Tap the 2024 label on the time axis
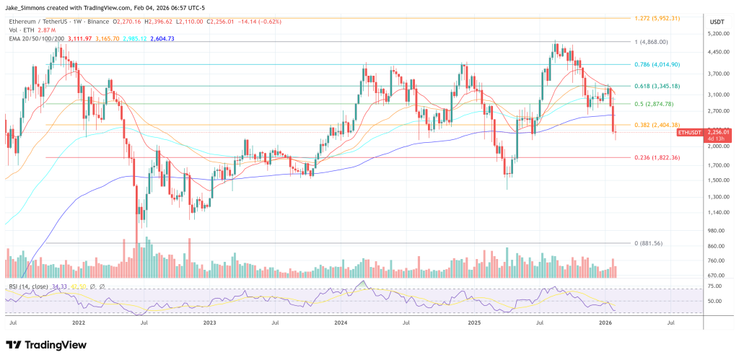341,325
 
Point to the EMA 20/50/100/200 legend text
38,38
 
